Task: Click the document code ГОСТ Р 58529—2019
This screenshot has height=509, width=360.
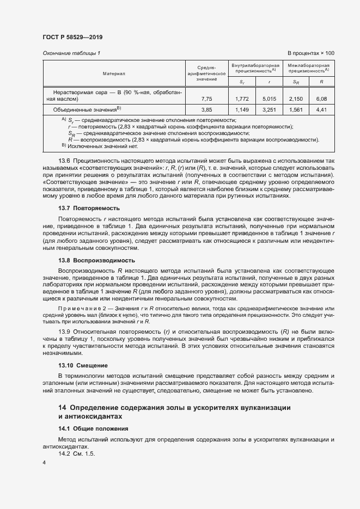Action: pyautogui.click(x=72, y=37)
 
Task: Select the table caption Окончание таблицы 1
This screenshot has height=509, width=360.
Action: pyautogui.click(x=71, y=53)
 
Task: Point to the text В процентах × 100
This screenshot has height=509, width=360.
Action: pyautogui.click(x=310, y=53)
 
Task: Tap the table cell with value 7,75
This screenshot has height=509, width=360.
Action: pyautogui.click(x=206, y=99)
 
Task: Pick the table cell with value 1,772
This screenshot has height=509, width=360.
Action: pyautogui.click(x=242, y=99)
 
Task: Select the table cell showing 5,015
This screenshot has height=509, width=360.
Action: pyautogui.click(x=269, y=99)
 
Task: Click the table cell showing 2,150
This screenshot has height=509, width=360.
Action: pyautogui.click(x=295, y=99)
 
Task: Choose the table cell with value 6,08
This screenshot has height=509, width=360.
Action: pyautogui.click(x=321, y=99)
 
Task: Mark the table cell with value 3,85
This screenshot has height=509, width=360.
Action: pyautogui.click(x=206, y=109)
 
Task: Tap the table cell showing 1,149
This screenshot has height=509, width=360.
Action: pyautogui.click(x=242, y=109)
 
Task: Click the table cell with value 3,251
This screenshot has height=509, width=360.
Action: pyautogui.click(x=269, y=109)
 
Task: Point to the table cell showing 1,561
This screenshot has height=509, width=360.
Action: pyautogui.click(x=295, y=109)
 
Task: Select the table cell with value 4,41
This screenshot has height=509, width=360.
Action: pyautogui.click(x=321, y=109)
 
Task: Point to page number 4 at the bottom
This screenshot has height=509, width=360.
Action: pyautogui.click(x=44, y=462)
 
